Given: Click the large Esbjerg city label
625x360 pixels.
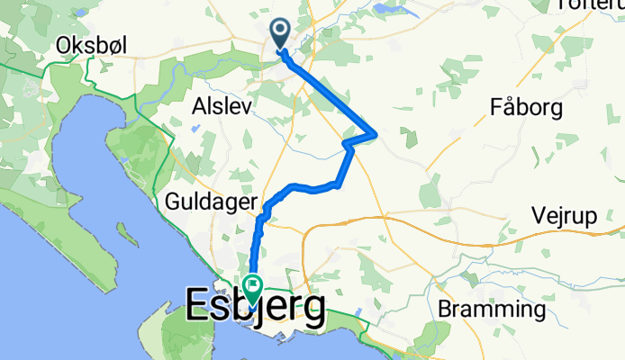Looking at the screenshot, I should pyautogui.click(x=256, y=310).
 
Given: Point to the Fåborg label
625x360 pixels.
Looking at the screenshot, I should pyautogui.click(x=527, y=109).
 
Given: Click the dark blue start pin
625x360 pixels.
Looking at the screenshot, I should pyautogui.click(x=279, y=34).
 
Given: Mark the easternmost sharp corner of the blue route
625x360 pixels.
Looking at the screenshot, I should pyautogui.click(x=376, y=135).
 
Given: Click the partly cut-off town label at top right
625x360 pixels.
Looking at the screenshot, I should pyautogui.click(x=591, y=5).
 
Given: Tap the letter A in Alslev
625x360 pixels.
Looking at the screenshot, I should pyautogui.click(x=200, y=106).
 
